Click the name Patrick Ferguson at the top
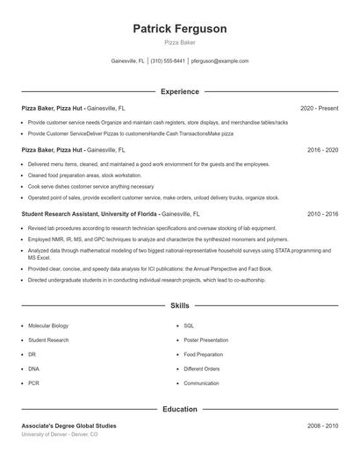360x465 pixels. pos(179,29)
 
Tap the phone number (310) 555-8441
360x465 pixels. pos(168,61)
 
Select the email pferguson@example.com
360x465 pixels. pos(220,61)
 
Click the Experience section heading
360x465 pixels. pos(179,91)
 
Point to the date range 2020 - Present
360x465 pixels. pos(319,108)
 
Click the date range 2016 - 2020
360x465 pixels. pos(322,150)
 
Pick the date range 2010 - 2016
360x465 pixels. pos(322,213)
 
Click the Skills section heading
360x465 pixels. pos(179,305)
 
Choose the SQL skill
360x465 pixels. pos(189,325)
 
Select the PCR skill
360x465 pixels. pos(33,383)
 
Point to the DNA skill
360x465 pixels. pos(33,368)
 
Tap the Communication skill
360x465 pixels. pos(202,383)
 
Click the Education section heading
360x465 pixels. pos(179,409)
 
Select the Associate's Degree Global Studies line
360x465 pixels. pos(68,426)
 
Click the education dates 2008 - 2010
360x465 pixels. pos(322,426)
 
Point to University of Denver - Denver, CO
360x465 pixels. pos(60,435)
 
